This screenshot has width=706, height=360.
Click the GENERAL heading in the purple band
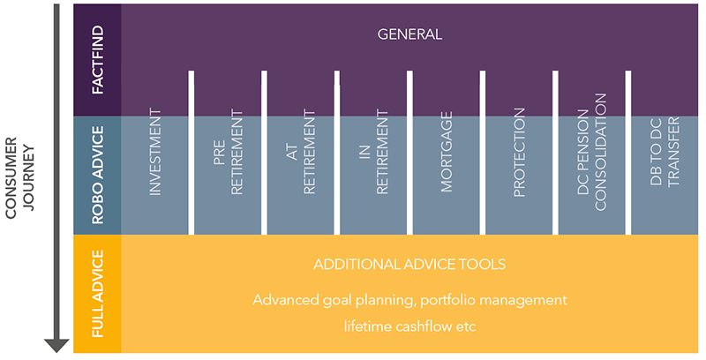pyautogui.click(x=409, y=34)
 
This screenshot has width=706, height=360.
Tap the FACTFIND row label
pyautogui.click(x=97, y=59)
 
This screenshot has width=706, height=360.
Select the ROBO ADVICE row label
pyautogui.click(x=97, y=175)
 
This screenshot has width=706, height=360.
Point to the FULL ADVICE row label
pyautogui.click(x=97, y=294)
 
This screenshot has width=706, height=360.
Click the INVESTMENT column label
pyautogui.click(x=155, y=152)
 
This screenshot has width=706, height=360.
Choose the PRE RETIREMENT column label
pyautogui.click(x=228, y=153)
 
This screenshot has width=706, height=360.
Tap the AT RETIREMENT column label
pyautogui.click(x=301, y=153)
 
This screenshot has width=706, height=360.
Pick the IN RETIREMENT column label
pyautogui.click(x=373, y=153)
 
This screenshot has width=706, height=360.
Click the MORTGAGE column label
pyautogui.click(x=447, y=152)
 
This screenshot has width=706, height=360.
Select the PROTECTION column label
pyautogui.click(x=519, y=153)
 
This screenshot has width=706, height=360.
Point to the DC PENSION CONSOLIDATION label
pyautogui.click(x=592, y=152)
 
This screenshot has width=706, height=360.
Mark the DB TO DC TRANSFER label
pyautogui.click(x=665, y=152)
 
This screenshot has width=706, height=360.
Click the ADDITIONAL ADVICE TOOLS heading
pyautogui.click(x=409, y=264)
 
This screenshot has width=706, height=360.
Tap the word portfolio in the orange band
pyautogui.click(x=447, y=300)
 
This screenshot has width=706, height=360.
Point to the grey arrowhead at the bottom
pyautogui.click(x=56, y=346)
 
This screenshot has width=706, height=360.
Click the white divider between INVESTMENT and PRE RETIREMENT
pyautogui.click(x=192, y=153)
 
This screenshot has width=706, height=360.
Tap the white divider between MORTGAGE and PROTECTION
pyautogui.click(x=483, y=153)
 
